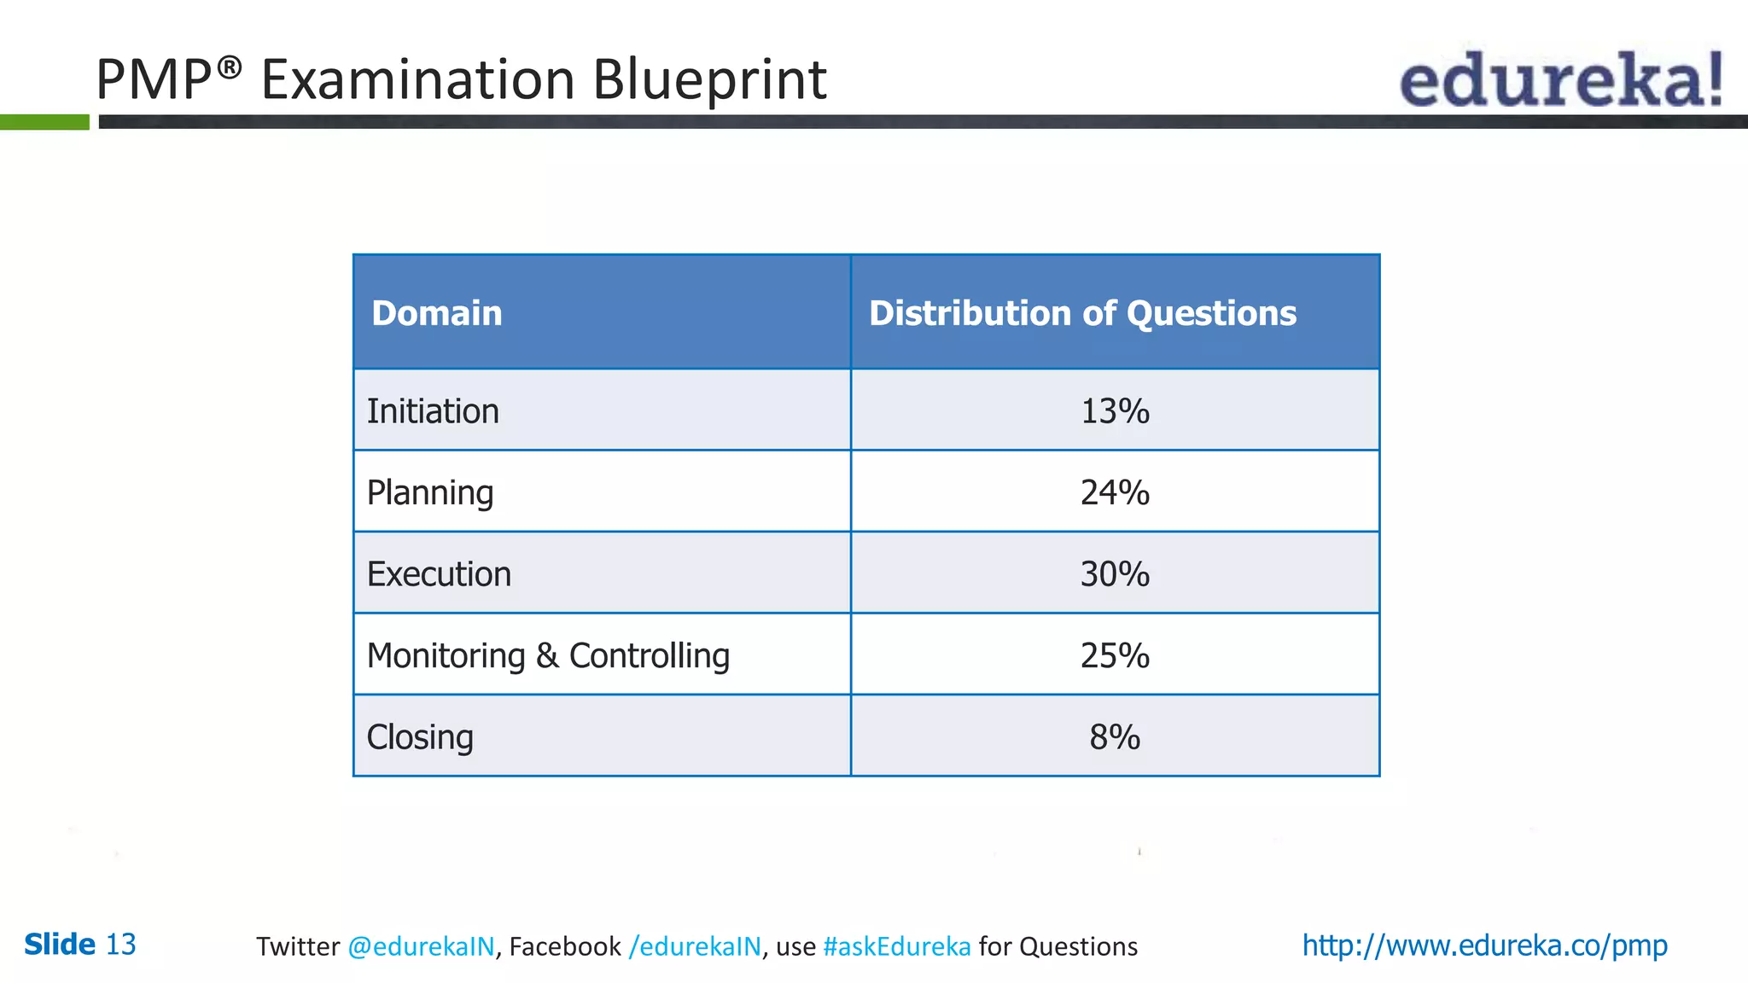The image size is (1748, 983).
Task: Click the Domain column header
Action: (x=436, y=313)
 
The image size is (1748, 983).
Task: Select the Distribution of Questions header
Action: (x=1082, y=313)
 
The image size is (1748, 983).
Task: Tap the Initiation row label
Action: (x=433, y=411)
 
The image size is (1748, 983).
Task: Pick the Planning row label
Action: (x=430, y=492)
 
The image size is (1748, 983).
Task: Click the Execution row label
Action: (x=439, y=574)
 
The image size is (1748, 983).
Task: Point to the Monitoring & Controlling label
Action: (x=548, y=655)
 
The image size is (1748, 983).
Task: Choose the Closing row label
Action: (x=420, y=737)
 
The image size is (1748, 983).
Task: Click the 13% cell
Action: (x=1115, y=411)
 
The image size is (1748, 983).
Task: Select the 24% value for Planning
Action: (x=1115, y=492)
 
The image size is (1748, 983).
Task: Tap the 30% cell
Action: (x=1115, y=574)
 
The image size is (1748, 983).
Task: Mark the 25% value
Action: (x=1115, y=655)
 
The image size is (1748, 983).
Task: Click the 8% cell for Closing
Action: (x=1115, y=737)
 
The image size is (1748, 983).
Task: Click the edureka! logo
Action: (x=1560, y=79)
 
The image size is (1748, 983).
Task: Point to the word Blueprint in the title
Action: (x=709, y=79)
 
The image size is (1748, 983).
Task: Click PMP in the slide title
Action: (x=154, y=79)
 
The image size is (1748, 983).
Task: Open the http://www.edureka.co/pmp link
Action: (x=1484, y=945)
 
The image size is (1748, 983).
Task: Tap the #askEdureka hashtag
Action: (x=897, y=946)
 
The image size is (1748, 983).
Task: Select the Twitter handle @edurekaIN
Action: (x=421, y=946)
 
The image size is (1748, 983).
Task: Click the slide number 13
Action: (x=120, y=945)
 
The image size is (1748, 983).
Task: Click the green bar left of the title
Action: (x=44, y=122)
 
